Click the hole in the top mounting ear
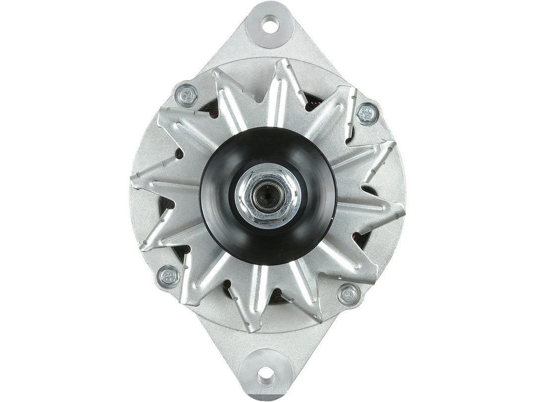point(269,23)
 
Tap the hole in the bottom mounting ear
point(267,375)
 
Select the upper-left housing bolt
point(187,95)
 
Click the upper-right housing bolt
point(367,114)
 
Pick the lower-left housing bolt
point(168,276)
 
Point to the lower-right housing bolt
point(349,294)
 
